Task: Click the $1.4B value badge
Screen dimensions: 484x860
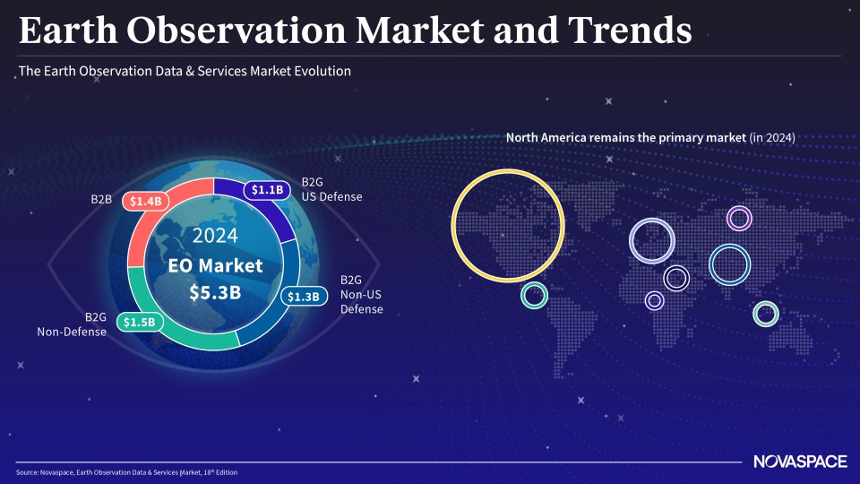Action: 145,201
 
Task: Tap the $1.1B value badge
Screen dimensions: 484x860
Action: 267,189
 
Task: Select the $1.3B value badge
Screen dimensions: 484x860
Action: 302,296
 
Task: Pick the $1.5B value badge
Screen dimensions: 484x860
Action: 139,322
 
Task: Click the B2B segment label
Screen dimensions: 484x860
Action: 101,199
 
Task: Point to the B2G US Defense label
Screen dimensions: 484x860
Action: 331,189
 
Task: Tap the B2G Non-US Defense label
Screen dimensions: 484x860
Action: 361,295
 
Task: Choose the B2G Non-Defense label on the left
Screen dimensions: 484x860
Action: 72,324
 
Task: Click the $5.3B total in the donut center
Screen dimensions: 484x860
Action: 215,292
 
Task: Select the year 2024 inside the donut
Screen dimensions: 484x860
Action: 215,236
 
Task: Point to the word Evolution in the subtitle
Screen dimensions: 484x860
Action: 320,70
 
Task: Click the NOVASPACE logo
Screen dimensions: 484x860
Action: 800,462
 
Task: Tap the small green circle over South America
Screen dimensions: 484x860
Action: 534,295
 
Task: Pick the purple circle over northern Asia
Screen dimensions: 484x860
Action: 738,216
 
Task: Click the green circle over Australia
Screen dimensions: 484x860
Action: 765,314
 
